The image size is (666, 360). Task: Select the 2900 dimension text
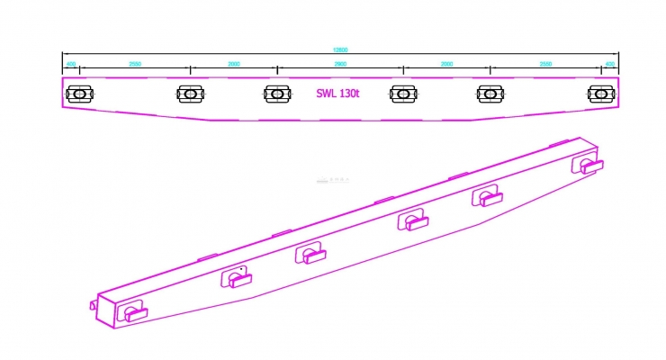pyautogui.click(x=339, y=65)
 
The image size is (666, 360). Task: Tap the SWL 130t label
pyautogui.click(x=338, y=93)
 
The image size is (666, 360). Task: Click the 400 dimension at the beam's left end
pyautogui.click(x=71, y=65)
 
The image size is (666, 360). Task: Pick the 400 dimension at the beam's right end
pyautogui.click(x=609, y=65)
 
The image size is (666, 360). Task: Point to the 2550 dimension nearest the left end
pyautogui.click(x=135, y=65)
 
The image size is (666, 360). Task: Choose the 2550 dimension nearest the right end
pyautogui.click(x=546, y=65)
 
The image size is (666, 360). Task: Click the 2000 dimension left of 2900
pyautogui.click(x=234, y=65)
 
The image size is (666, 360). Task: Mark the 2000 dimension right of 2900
pyautogui.click(x=446, y=65)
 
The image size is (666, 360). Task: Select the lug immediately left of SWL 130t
pyautogui.click(x=277, y=93)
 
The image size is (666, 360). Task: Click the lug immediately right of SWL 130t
pyautogui.click(x=403, y=93)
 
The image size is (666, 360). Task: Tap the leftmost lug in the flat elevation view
pyautogui.click(x=80, y=93)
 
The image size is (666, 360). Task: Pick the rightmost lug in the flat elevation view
pyautogui.click(x=600, y=93)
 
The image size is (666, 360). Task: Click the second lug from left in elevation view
pyautogui.click(x=191, y=93)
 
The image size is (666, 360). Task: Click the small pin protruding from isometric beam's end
pyautogui.click(x=93, y=304)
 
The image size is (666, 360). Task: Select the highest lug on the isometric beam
pyautogui.click(x=589, y=165)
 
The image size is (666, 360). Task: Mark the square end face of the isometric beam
pyautogui.click(x=109, y=307)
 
